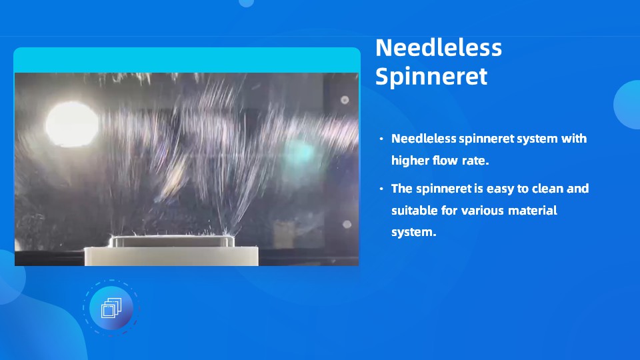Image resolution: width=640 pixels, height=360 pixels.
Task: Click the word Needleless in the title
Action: (x=439, y=48)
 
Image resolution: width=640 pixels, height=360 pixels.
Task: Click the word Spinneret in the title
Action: (x=431, y=76)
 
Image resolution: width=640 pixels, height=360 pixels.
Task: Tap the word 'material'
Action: (x=533, y=210)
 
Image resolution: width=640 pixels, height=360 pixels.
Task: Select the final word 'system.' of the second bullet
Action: (x=414, y=232)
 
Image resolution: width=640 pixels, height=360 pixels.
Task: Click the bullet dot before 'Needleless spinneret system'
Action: (x=381, y=139)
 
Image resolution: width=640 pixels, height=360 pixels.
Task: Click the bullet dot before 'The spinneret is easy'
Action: (x=381, y=189)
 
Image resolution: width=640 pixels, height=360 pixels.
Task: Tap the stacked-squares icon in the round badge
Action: (x=111, y=308)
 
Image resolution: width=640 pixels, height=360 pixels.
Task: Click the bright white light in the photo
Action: (x=72, y=124)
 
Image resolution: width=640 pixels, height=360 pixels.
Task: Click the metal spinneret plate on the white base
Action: (x=171, y=241)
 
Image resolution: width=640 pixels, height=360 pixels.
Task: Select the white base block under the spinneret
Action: (x=171, y=256)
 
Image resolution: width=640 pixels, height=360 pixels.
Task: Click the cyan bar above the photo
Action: (x=187, y=60)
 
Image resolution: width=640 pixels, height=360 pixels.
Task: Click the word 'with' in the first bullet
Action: (x=574, y=139)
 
